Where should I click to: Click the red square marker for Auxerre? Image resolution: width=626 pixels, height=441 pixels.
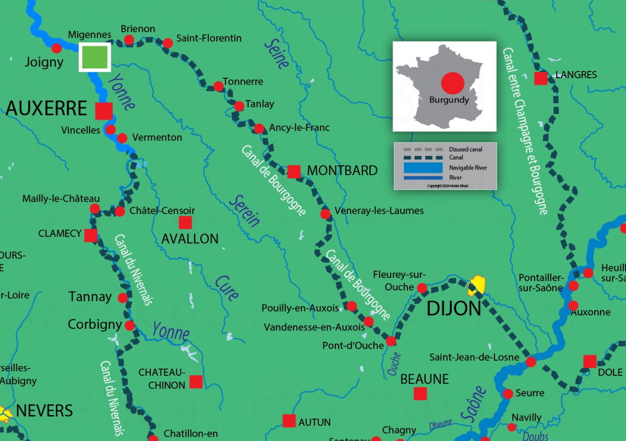coord(104,111)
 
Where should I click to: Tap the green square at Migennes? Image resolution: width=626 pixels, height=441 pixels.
coord(94,57)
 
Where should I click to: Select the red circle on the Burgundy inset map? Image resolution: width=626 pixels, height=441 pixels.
coord(452,83)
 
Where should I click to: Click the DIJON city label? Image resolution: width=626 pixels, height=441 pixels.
coord(454,309)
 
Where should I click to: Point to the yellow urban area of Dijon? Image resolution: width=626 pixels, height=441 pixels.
coord(477,285)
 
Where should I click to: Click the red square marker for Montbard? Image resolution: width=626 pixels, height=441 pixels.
coord(294,171)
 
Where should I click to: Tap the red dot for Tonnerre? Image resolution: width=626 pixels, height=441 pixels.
coord(218,87)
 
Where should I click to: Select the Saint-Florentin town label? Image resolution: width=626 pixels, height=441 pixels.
coord(209,38)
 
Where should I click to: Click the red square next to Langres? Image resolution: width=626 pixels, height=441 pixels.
coord(541,79)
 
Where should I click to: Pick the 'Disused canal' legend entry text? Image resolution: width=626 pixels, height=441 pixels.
coord(465,150)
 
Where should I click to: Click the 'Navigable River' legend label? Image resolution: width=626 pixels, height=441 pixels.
coord(468,168)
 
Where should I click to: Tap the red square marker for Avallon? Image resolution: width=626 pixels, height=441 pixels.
coord(185,223)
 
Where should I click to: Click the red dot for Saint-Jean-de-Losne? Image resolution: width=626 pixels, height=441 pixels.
coord(531,362)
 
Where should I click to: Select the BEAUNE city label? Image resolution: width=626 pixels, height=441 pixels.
coord(424,379)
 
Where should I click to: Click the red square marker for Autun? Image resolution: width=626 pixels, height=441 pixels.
coord(289,421)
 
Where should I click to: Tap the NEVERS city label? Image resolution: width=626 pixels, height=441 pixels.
coord(44,411)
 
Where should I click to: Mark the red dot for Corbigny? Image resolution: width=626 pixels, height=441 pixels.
coord(129,325)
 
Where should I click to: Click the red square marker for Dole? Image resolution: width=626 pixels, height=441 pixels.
coord(590,361)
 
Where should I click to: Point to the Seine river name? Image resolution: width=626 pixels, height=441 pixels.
coord(276,54)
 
